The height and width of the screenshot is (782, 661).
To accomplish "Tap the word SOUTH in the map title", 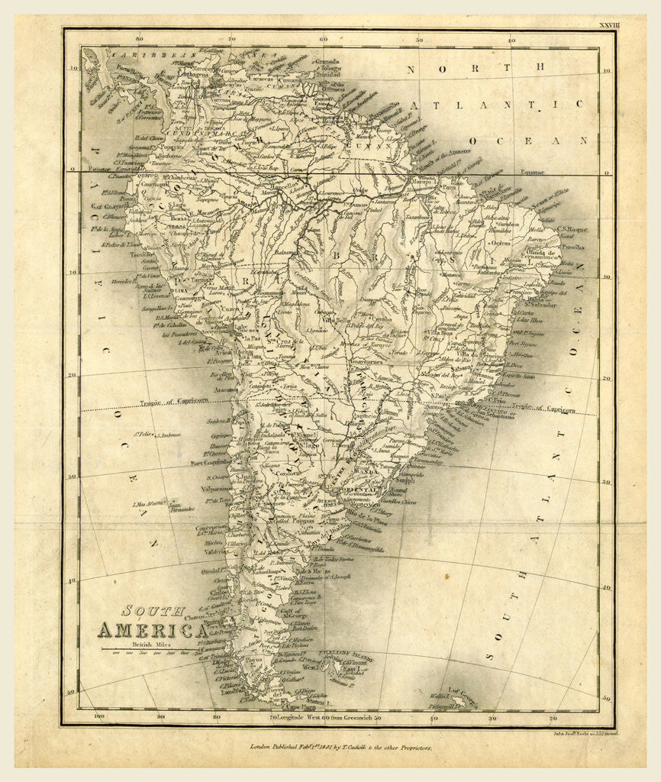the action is [153, 611].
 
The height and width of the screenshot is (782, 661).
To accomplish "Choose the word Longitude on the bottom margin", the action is [298, 718].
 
